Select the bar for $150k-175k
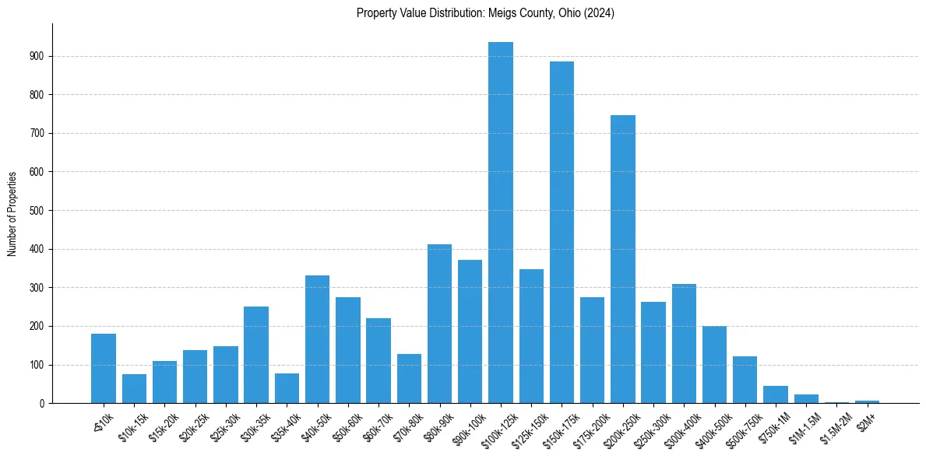coord(562,233)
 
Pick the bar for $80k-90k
coord(439,324)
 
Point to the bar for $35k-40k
coord(287,388)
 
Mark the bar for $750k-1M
coord(776,394)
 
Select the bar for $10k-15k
coord(134,389)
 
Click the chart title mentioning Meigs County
coord(485,13)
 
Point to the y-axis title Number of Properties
coord(12,213)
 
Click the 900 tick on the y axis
coord(37,56)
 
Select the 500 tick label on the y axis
coord(37,210)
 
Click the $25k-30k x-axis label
coord(223,424)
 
